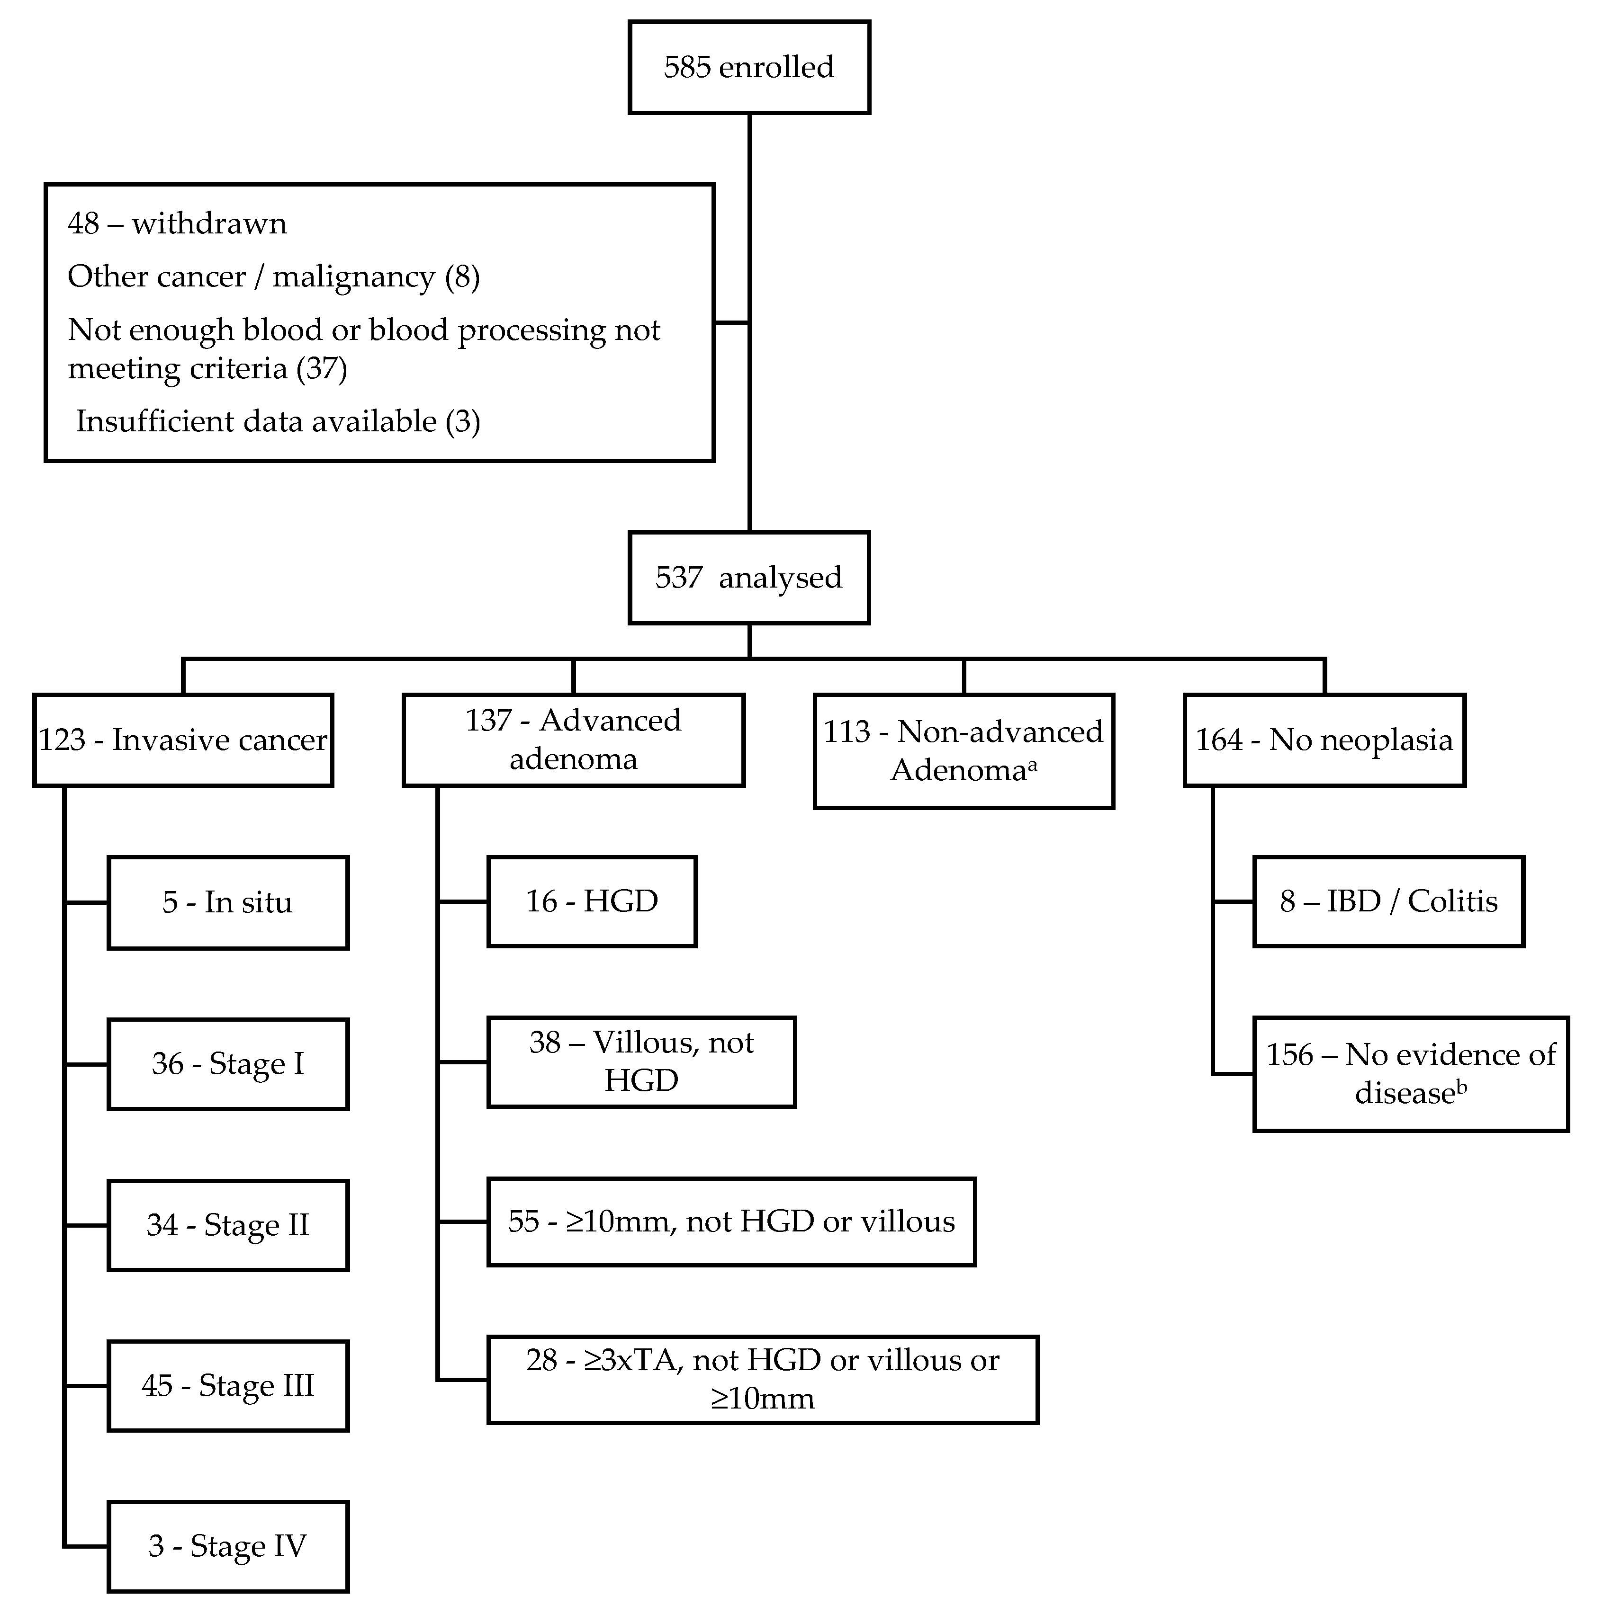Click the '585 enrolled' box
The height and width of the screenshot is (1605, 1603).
pyautogui.click(x=749, y=67)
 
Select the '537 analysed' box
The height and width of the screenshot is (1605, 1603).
pyautogui.click(x=749, y=577)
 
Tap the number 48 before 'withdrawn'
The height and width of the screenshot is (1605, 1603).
pyautogui.click(x=83, y=223)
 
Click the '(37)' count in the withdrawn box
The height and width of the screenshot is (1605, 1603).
pyautogui.click(x=322, y=368)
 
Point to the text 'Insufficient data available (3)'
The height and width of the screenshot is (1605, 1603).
pyautogui.click(x=278, y=421)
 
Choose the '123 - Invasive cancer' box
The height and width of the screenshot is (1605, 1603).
pyautogui.click(x=183, y=740)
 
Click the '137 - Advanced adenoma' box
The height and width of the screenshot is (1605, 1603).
pyautogui.click(x=573, y=740)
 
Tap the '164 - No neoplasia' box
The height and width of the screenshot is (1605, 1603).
pyautogui.click(x=1324, y=740)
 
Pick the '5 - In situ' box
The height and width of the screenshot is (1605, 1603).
pyautogui.click(x=228, y=902)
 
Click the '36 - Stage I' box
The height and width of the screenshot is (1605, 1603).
pyautogui.click(x=228, y=1063)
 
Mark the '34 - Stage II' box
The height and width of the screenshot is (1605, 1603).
pyautogui.click(x=228, y=1224)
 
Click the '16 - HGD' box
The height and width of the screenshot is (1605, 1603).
pyautogui.click(x=592, y=901)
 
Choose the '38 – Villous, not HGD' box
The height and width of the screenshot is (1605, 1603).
pyautogui.click(x=641, y=1061)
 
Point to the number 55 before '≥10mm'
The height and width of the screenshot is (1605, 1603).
pyautogui.click(x=523, y=1221)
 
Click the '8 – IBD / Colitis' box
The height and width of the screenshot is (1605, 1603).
pyautogui.click(x=1388, y=901)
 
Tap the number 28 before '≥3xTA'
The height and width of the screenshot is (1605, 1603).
pyautogui.click(x=542, y=1360)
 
